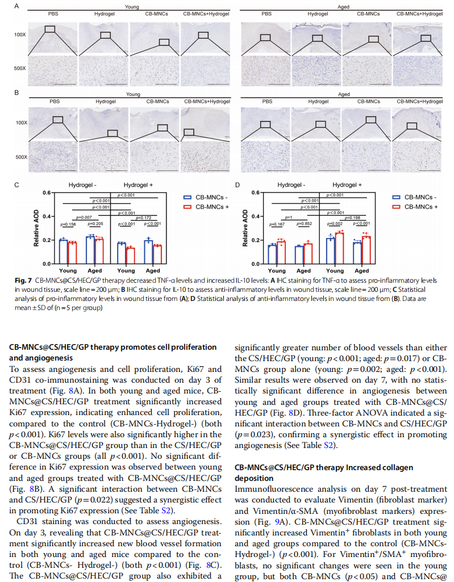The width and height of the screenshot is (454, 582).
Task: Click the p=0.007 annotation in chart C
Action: pyautogui.click(x=84, y=217)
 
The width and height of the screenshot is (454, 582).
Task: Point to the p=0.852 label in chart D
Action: pyautogui.click(x=305, y=224)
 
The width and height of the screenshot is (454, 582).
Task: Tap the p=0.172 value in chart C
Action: pyautogui.click(x=143, y=218)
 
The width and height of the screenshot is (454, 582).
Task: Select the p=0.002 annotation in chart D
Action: pyautogui.click(x=335, y=224)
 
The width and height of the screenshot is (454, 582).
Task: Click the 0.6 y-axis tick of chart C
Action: pyautogui.click(x=47, y=192)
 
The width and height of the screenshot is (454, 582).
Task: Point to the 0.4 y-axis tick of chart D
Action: pyautogui.click(x=256, y=216)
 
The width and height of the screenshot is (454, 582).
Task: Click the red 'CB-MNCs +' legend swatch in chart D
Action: pyautogui.click(x=397, y=207)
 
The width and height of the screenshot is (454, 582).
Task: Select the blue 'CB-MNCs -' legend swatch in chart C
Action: pyautogui.click(x=188, y=198)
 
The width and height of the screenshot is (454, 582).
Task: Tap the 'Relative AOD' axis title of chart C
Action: pyautogui.click(x=36, y=228)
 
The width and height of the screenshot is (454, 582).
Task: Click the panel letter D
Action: pyautogui.click(x=238, y=185)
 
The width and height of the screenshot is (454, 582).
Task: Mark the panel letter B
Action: pyautogui.click(x=16, y=93)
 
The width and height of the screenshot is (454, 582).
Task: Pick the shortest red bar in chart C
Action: pyautogui.click(x=131, y=256)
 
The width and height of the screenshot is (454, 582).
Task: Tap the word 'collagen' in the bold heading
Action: pyautogui.click(x=398, y=468)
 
